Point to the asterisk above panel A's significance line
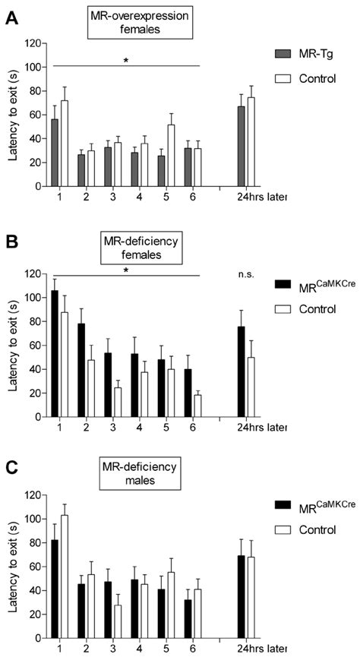point(125,59)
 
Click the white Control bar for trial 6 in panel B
point(197,406)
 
